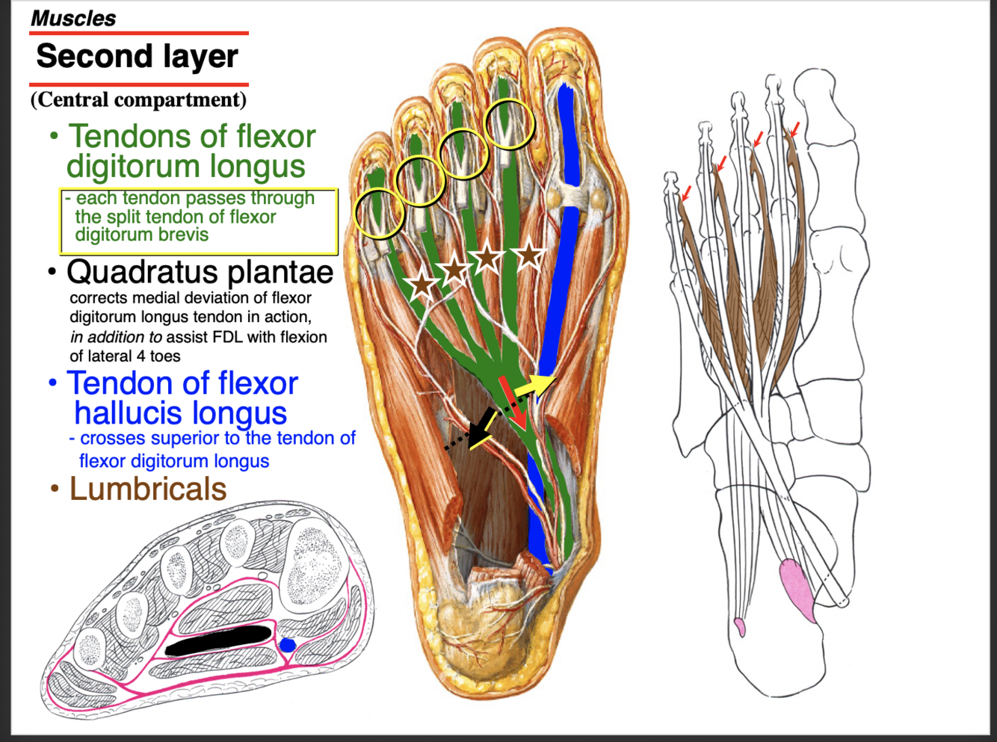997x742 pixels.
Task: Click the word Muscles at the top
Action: [x=73, y=18]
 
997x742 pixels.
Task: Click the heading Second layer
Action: [x=138, y=57]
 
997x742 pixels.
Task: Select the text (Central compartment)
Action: [x=138, y=99]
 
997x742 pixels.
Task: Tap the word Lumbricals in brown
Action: [x=148, y=489]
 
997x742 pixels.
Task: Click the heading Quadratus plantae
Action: [x=200, y=272]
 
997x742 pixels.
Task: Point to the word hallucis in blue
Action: [x=180, y=412]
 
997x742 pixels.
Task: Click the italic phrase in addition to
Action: [x=116, y=337]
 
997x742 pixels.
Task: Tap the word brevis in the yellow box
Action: [x=179, y=235]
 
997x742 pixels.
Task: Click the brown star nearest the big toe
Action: [x=529, y=254]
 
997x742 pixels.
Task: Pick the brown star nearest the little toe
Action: [x=422, y=284]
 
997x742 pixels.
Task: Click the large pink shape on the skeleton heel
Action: [x=797, y=590]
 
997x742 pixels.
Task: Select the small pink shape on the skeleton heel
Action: [x=740, y=626]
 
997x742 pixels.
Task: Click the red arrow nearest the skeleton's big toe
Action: [x=794, y=130]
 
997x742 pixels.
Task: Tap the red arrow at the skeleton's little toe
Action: [x=687, y=193]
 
